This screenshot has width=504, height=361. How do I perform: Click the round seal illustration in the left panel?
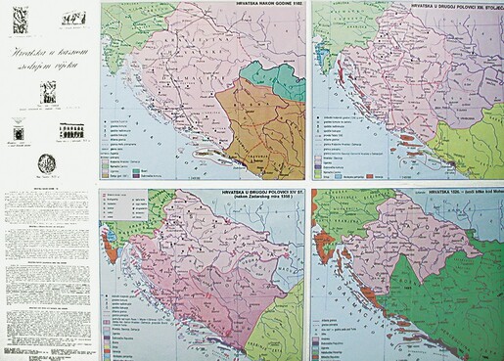tap(47, 164)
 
